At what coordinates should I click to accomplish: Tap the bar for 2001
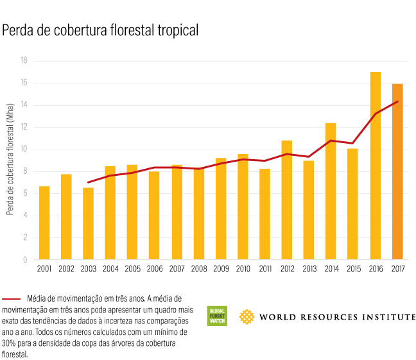coord(44,223)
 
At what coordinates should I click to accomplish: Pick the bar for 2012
coord(287,200)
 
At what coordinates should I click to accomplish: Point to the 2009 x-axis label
coord(221,269)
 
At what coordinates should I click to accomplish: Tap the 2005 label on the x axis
coord(132,269)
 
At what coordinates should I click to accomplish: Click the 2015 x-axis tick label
coord(353,269)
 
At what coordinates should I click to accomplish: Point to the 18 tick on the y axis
coord(23,61)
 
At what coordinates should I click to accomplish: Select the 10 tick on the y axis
coord(23,150)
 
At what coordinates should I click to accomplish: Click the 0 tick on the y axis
coord(25,260)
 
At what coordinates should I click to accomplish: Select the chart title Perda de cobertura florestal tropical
coord(100,30)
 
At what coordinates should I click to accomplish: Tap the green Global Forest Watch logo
coord(217,316)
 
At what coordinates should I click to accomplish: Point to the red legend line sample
coord(12,299)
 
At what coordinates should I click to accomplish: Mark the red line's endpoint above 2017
coord(397,101)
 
